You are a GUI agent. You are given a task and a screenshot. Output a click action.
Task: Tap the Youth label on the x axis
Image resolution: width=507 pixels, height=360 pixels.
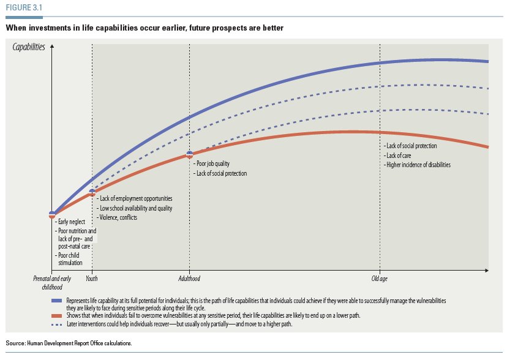coord(92,279)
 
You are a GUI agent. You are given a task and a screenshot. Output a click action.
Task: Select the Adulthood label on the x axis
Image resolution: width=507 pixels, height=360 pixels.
coord(189,279)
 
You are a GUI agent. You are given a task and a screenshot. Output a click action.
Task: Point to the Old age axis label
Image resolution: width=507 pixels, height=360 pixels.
coord(380,279)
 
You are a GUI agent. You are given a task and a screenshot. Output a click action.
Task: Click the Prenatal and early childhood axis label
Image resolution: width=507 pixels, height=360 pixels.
coord(52,283)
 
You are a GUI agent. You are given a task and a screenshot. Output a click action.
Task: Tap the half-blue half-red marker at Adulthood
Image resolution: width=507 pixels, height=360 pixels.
coord(189,155)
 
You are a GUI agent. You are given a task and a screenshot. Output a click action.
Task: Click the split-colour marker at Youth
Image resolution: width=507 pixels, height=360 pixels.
coord(92,193)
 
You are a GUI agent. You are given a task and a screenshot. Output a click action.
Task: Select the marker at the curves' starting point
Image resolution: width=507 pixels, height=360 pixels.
coord(52,214)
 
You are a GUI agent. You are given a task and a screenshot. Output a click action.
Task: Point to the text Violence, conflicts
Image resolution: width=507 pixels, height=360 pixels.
coord(117,217)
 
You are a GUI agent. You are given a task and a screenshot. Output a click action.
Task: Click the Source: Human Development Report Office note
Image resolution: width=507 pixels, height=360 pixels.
coord(69,343)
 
